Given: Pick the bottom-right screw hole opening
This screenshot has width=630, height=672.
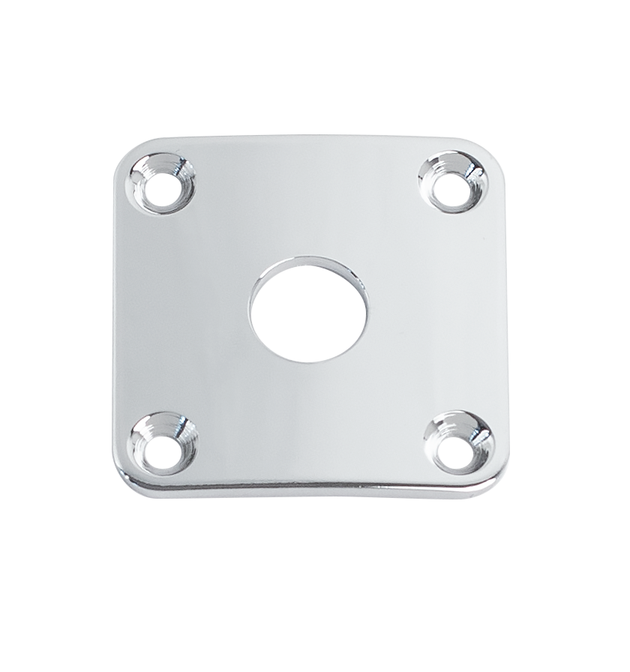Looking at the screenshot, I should pyautogui.click(x=457, y=448).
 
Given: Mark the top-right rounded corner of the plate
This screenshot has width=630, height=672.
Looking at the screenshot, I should pyautogui.click(x=490, y=151).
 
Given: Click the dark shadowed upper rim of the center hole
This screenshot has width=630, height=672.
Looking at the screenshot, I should pyautogui.click(x=309, y=262).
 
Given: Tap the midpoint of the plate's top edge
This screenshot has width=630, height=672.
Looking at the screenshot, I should pyautogui.click(x=309, y=136).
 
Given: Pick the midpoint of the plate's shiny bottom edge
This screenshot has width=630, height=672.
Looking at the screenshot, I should pyautogui.click(x=309, y=487).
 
